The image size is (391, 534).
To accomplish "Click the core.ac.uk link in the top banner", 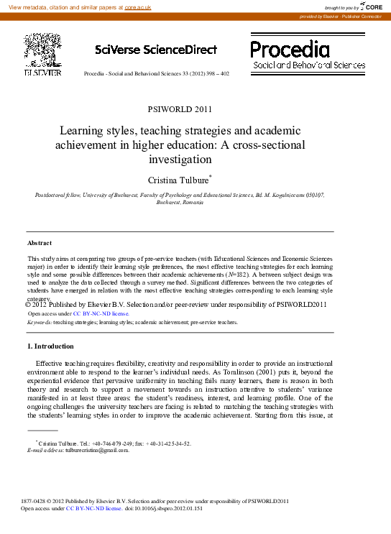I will [137, 6].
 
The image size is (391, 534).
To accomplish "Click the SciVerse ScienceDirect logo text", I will [155, 50].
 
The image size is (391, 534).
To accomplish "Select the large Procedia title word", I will [290, 49].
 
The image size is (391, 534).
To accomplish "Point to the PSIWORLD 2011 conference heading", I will [179, 110].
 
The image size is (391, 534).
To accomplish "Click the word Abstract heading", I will [39, 243].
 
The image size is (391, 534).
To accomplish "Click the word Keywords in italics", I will [39, 323].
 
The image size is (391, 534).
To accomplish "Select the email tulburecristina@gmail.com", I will [97, 450].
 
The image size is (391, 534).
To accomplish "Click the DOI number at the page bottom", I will [173, 508].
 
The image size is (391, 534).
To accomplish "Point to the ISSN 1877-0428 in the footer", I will [37, 501].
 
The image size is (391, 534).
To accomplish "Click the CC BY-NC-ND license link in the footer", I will [93, 508].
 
